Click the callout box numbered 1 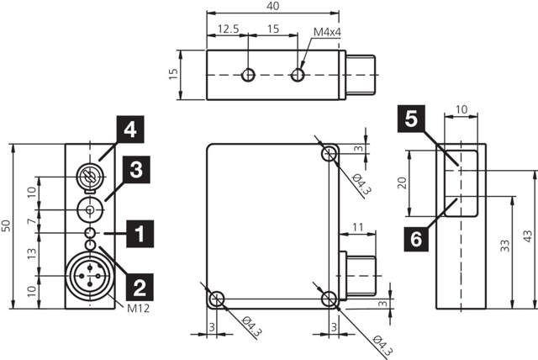tap(140, 231)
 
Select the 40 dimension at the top tap(273, 6)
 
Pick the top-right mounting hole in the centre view tap(330, 155)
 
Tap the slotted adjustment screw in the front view tap(88, 177)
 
